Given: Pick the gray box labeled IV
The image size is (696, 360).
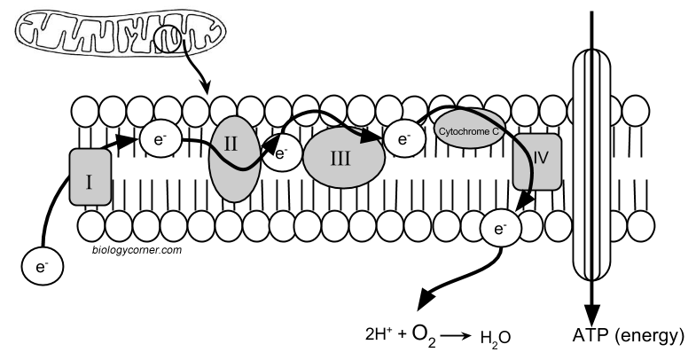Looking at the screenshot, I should pos(537,162).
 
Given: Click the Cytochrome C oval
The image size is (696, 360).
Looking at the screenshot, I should pos(468,129).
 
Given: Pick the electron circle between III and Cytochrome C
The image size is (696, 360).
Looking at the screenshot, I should pos(404,137).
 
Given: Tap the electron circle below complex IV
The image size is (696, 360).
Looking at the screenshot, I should pos(499,230).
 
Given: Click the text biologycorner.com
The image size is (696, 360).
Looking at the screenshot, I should pos(137,250).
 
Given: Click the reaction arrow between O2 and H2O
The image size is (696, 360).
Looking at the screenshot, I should pos(457,336).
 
